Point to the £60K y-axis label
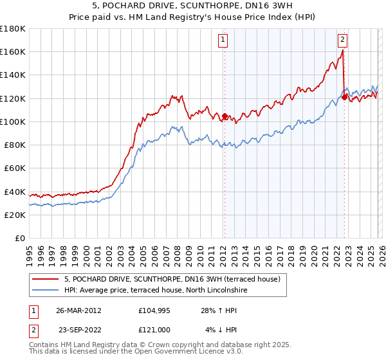point(14,168)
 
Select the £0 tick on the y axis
point(21,238)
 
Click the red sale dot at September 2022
point(344,97)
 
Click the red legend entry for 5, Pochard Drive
point(172,279)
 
